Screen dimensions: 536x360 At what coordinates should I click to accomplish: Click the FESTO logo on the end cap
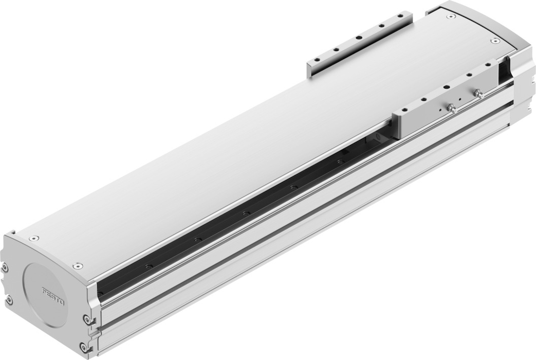point(53,296)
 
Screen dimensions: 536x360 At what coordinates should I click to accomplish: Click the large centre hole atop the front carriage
point(446,87)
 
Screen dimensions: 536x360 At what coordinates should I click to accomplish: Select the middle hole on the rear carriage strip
point(359,38)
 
